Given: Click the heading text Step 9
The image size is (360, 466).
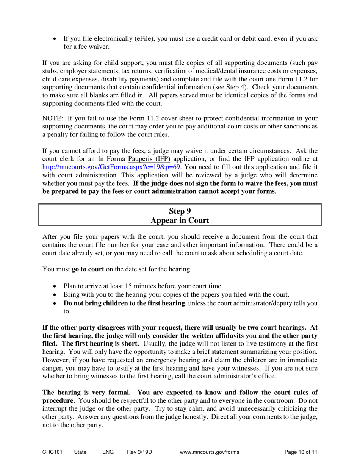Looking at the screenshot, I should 180,211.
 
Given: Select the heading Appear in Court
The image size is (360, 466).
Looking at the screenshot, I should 180,220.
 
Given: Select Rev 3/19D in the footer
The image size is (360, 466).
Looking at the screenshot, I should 139,452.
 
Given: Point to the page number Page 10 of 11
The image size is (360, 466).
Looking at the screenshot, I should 301,452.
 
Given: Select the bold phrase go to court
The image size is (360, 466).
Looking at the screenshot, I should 88,269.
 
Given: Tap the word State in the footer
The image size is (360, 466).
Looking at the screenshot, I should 80,452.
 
